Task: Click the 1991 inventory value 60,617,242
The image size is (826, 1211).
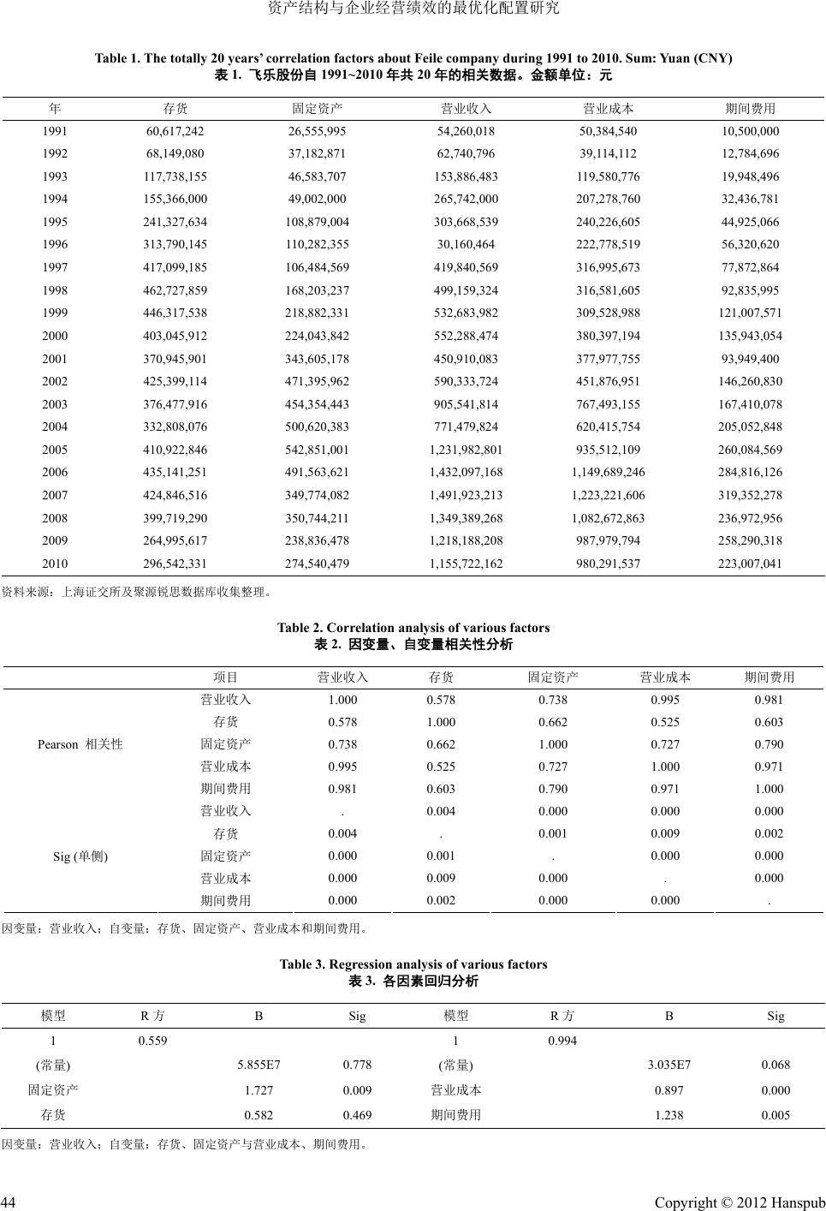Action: (175, 132)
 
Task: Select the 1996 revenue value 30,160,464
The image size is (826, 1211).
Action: (466, 245)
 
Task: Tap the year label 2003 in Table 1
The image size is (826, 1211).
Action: (55, 404)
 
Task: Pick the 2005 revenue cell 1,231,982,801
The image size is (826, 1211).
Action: (466, 450)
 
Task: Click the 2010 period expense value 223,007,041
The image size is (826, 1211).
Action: (750, 564)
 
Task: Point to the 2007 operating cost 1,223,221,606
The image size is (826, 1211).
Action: (608, 495)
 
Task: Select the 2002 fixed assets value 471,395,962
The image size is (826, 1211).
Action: (317, 381)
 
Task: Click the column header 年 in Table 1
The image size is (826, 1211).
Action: (55, 109)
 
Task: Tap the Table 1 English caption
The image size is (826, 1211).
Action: (413, 58)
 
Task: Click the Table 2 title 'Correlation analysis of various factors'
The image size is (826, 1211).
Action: (413, 628)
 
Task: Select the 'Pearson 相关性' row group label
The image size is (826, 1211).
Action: (80, 744)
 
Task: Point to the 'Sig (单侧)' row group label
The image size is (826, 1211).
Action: (80, 856)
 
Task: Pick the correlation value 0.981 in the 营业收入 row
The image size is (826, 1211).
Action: (769, 700)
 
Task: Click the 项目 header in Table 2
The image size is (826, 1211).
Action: (226, 677)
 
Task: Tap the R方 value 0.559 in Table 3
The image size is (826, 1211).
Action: (153, 1041)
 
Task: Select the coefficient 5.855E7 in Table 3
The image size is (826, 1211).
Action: (258, 1065)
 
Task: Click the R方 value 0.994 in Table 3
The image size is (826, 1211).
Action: (562, 1041)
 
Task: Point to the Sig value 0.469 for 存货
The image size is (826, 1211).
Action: (357, 1115)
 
